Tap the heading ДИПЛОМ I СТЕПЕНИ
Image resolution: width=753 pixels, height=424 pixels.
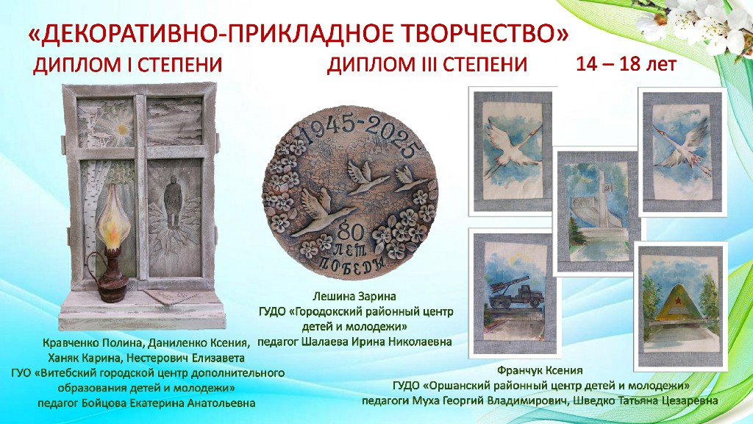click(128, 65)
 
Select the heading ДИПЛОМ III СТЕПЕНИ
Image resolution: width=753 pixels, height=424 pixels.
click(427, 65)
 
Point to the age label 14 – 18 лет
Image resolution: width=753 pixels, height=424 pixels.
click(627, 63)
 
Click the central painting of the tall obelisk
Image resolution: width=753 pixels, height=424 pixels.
click(598, 211)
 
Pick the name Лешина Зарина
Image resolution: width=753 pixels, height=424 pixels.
click(354, 296)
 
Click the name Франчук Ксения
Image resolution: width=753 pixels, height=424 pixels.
click(540, 370)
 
